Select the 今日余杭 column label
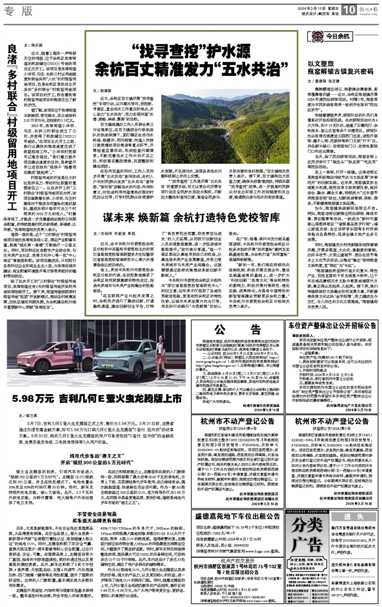(355, 36)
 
